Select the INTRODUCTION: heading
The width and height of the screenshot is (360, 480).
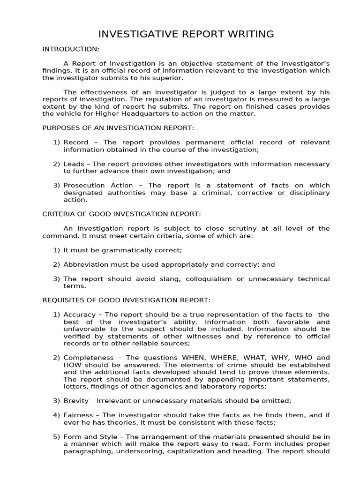pyautogui.click(x=71, y=49)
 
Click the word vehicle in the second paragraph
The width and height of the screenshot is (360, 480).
pyautogui.click(x=77, y=114)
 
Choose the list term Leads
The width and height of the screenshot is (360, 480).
pyautogui.click(x=74, y=164)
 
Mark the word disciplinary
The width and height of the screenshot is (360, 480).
pyautogui.click(x=307, y=193)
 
